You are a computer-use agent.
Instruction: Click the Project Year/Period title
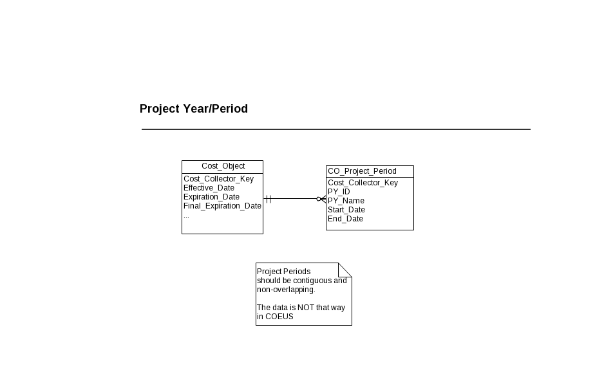coord(194,109)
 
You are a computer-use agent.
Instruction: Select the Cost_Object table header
coord(223,166)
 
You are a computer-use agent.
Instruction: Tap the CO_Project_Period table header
coord(362,171)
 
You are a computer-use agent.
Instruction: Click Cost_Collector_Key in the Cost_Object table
coord(218,179)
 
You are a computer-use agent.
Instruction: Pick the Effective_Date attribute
coord(209,188)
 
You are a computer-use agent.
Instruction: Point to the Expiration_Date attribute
coord(211,197)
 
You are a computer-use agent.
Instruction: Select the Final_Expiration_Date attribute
coord(222,206)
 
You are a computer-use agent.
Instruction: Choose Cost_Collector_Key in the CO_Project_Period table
coord(363,183)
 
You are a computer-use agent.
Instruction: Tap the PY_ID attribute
coord(339,192)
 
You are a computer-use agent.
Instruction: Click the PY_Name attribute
coord(346,201)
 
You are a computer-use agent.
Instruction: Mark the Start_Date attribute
coord(346,210)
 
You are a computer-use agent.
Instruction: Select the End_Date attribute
coord(345,219)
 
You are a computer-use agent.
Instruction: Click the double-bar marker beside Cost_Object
coord(269,199)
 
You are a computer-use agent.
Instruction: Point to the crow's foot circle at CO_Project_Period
coord(319,199)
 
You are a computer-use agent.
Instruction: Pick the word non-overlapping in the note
coord(286,290)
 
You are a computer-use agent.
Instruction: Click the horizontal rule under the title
coord(336,129)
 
